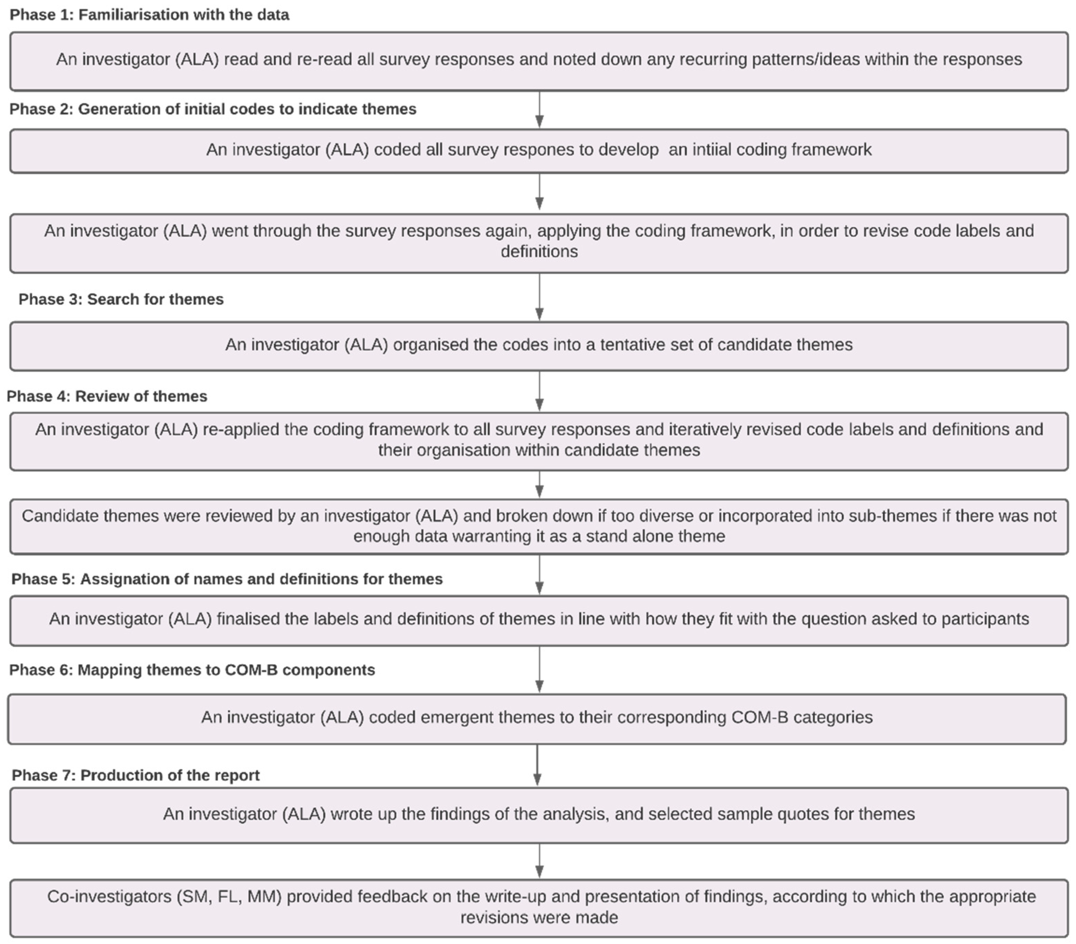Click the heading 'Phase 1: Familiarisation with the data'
pyautogui.click(x=150, y=15)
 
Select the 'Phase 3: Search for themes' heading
pyautogui.click(x=121, y=299)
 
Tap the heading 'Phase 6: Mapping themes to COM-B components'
pyautogui.click(x=192, y=670)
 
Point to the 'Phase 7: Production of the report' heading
pyautogui.click(x=136, y=775)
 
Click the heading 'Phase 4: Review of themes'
pyautogui.click(x=107, y=396)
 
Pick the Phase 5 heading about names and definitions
pyautogui.click(x=227, y=579)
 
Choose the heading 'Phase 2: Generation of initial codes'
pyautogui.click(x=213, y=109)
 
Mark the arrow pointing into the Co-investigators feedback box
pyautogui.click(x=539, y=861)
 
